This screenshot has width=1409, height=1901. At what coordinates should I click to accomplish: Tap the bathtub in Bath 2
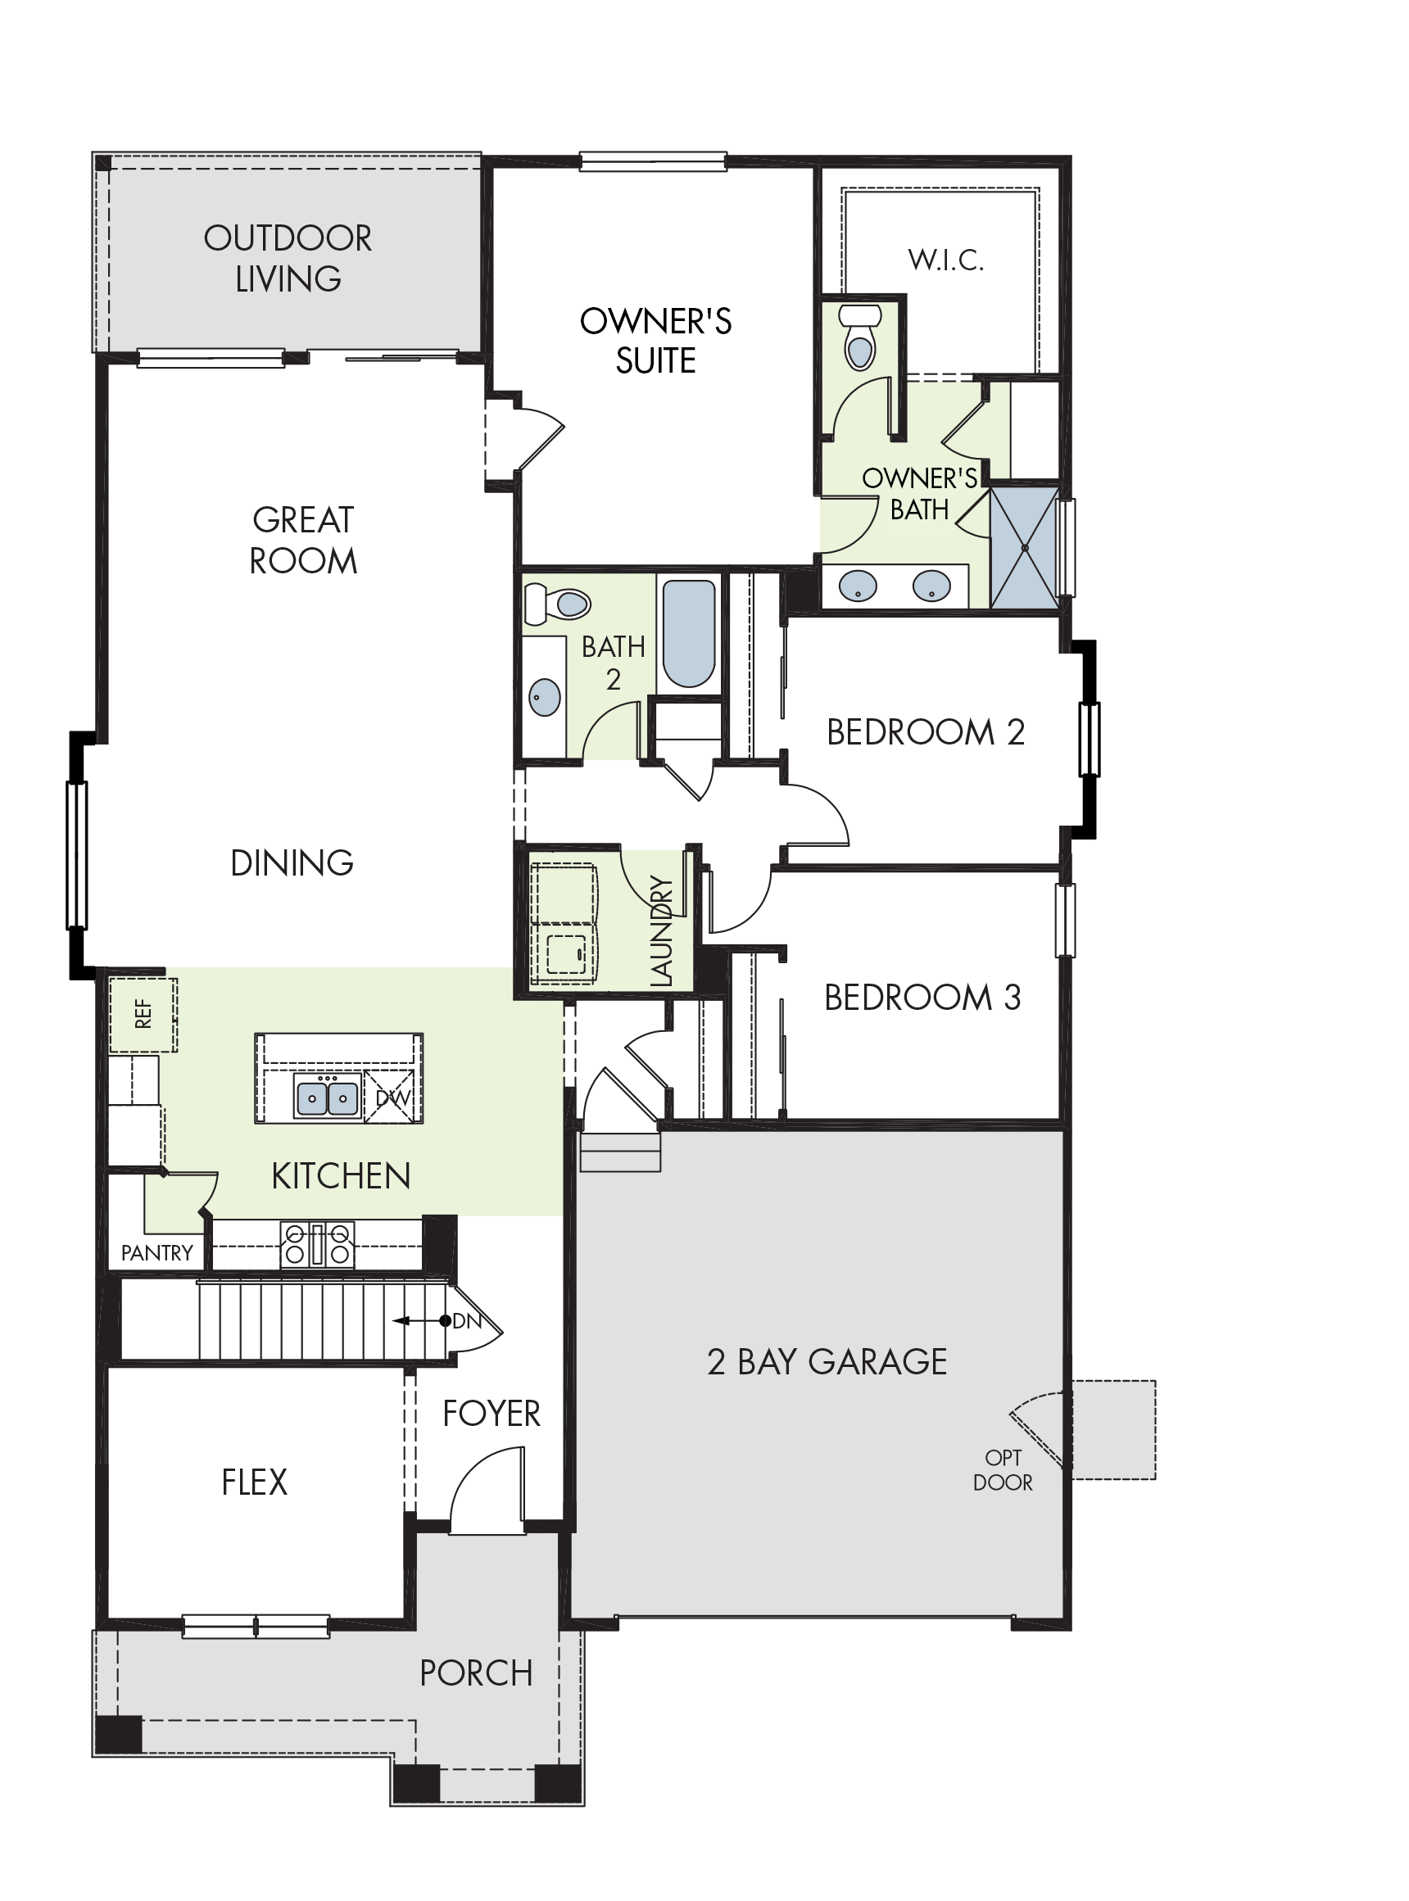coord(689,634)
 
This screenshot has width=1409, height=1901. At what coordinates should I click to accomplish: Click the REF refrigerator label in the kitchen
coord(143,1014)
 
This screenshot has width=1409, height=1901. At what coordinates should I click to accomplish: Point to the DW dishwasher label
coord(393,1098)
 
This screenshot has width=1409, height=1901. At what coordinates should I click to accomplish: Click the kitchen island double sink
coord(327,1096)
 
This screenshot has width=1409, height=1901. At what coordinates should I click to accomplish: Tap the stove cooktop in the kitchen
coord(318,1244)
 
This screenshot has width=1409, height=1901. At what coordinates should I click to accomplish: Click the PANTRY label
coord(157,1253)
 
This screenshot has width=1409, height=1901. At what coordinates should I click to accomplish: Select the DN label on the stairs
coord(467,1321)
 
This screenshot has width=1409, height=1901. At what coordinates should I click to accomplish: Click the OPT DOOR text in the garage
coord(1003,1470)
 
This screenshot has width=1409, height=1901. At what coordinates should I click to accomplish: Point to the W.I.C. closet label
coord(946,260)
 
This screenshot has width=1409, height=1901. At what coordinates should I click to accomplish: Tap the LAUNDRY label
coord(662,932)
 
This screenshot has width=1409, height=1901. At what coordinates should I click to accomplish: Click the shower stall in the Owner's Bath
coord(1024,547)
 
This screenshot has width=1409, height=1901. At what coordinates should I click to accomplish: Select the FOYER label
coord(492,1414)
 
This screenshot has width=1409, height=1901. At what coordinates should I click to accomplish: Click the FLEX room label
coord(254,1482)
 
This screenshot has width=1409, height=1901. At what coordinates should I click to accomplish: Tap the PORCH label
coord(476,1673)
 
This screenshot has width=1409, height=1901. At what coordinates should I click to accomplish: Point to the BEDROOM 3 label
coord(922,997)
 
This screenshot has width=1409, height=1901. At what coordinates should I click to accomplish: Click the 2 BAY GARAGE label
coord(827,1361)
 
